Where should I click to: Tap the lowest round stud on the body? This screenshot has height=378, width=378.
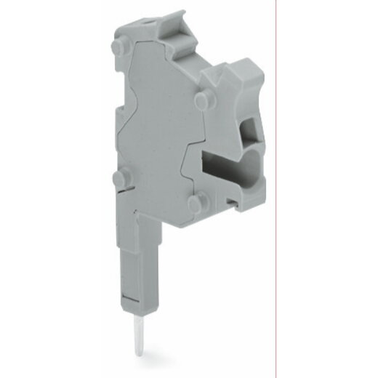click(x=196, y=204)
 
